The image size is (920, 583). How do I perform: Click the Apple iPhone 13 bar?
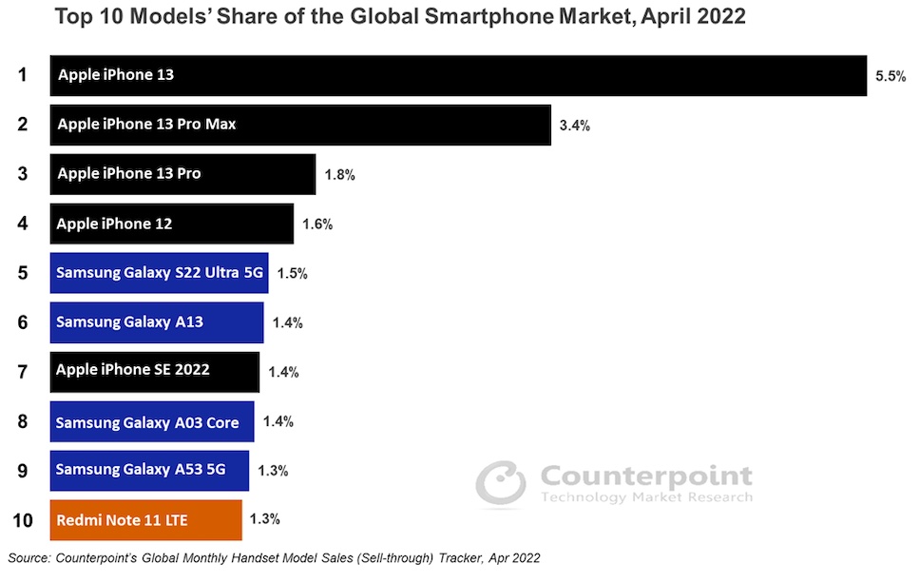point(457,75)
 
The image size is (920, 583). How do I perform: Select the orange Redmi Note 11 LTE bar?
point(145,519)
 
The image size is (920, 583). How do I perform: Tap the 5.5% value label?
point(891,76)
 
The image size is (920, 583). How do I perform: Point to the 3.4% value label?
point(575,126)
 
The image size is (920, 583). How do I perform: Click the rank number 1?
point(22,74)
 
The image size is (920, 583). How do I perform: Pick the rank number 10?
point(23,519)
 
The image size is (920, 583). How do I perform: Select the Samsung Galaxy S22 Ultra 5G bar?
point(159,273)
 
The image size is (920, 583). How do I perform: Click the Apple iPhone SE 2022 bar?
point(154,371)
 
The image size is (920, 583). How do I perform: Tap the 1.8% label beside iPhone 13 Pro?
point(339,175)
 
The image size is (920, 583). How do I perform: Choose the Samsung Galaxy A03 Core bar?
point(152,421)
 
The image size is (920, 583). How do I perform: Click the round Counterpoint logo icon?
point(501,484)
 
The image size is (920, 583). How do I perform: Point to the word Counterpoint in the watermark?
point(646,476)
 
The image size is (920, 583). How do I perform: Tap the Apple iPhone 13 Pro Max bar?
point(300,125)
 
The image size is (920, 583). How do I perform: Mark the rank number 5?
point(22,273)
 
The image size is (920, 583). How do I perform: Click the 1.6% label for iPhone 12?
point(317,224)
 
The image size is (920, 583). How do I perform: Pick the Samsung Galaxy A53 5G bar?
point(149,470)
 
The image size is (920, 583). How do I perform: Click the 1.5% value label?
point(292,274)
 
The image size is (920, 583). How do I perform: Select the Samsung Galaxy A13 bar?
point(157,322)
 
